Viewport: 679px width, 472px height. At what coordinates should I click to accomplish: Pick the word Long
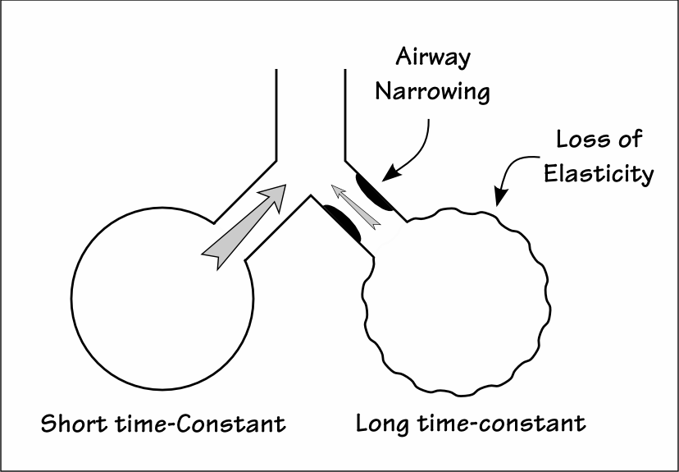pyautogui.click(x=381, y=424)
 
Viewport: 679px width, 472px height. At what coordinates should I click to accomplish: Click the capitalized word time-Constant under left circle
pyautogui.click(x=210, y=424)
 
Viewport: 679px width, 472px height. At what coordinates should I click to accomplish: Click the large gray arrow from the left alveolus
pyautogui.click(x=244, y=225)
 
